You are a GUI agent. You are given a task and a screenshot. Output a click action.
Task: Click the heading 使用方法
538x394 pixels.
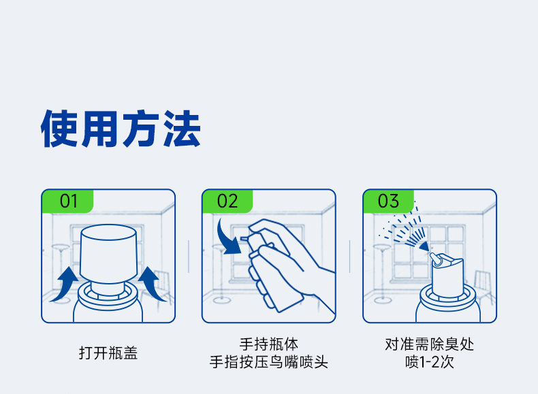(x=121, y=129)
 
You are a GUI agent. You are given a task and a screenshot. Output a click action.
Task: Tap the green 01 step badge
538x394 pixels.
(x=67, y=201)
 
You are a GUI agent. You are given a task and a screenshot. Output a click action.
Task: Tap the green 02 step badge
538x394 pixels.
(x=227, y=201)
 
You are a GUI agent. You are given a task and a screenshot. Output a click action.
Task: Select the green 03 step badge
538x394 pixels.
(x=388, y=201)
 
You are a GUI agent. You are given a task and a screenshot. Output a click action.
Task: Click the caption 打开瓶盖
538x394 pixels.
(x=108, y=353)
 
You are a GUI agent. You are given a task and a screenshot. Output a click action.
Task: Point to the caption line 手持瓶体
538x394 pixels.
(x=268, y=344)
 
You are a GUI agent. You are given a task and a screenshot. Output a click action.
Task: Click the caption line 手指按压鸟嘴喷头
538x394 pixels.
(x=268, y=362)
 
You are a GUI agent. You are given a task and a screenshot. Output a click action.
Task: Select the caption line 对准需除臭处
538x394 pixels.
(x=430, y=344)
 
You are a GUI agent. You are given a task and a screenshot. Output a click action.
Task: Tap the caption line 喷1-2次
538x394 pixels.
(x=430, y=362)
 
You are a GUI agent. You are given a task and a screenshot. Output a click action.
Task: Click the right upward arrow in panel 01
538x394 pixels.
(x=151, y=283)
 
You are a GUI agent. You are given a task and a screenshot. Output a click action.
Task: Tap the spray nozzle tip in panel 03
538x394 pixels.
(x=434, y=259)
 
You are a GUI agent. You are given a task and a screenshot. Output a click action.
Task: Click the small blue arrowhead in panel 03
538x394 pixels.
(x=425, y=246)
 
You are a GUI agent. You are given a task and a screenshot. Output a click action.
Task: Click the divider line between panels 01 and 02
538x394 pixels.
(x=189, y=257)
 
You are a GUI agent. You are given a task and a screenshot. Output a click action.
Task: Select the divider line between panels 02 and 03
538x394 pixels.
(x=349, y=257)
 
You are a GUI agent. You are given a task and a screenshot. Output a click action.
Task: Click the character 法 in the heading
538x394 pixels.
(x=182, y=129)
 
